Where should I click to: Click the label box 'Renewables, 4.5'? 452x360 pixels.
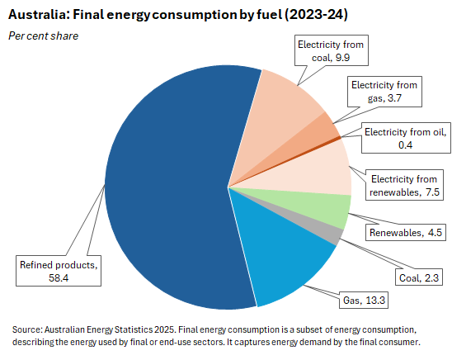click(404, 232)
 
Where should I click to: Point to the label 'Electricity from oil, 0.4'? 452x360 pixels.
click(404, 138)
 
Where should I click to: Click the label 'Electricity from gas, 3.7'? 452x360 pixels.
click(385, 92)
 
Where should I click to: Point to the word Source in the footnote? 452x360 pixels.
click(29, 329)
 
